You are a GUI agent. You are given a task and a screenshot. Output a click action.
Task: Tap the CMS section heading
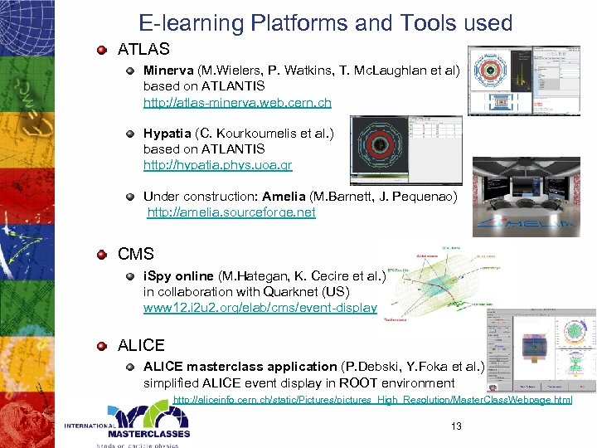click(x=137, y=253)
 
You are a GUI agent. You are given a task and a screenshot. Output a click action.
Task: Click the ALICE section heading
click(x=141, y=345)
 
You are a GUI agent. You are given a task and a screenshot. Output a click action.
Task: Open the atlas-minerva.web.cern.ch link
click(x=237, y=103)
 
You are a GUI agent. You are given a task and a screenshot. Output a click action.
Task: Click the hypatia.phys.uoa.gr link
click(x=217, y=165)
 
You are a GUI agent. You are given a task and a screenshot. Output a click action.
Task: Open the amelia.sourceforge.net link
click(x=231, y=212)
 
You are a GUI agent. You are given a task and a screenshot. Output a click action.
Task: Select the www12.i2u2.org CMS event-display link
click(x=260, y=307)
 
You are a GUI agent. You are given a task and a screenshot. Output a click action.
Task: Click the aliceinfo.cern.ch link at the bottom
click(x=372, y=401)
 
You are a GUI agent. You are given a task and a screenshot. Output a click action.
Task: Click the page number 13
click(x=455, y=426)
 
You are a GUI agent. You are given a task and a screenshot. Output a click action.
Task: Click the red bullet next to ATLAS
click(x=100, y=50)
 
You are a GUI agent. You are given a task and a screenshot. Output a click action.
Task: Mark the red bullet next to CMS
click(x=100, y=254)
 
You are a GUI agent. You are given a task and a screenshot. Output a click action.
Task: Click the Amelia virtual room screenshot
click(x=527, y=197)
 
